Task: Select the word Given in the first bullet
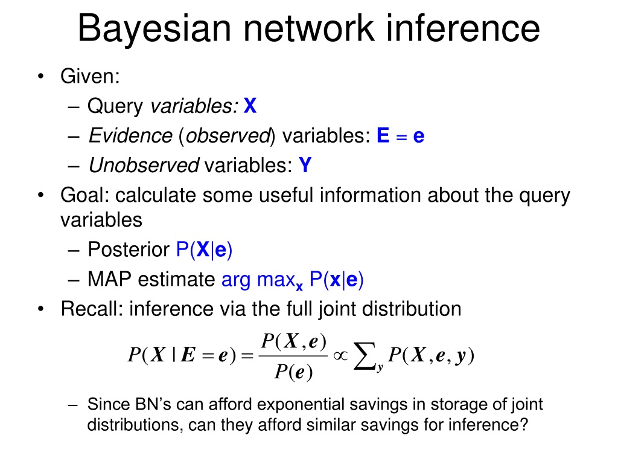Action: click(88, 77)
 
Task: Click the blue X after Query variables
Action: click(250, 107)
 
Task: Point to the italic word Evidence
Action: click(130, 136)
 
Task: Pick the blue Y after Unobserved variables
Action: click(305, 165)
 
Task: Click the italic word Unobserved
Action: click(144, 165)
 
